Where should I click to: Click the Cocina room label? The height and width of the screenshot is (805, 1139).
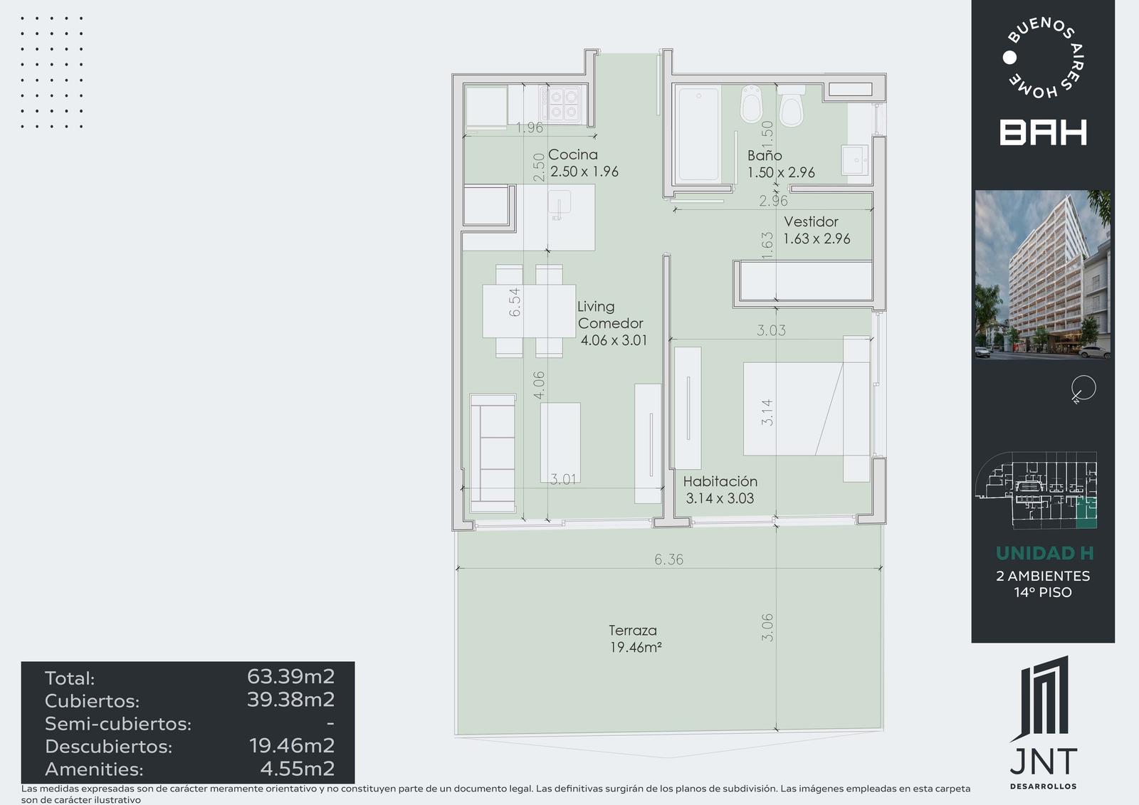point(572,154)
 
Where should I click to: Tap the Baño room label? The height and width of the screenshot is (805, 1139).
point(765,154)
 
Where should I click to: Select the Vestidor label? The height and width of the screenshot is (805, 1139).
point(811,221)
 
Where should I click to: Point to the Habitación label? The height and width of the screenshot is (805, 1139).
point(720,481)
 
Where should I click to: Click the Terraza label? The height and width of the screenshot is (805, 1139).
point(633,630)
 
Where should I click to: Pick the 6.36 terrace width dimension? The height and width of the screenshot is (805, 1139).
point(668,559)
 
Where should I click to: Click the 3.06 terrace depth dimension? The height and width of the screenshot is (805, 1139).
point(767,628)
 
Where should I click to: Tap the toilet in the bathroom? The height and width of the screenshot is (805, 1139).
point(791,106)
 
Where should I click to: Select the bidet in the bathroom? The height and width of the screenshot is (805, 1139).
point(751,104)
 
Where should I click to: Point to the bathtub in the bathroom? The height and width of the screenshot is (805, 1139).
point(698,135)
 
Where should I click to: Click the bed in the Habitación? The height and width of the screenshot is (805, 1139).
point(807,409)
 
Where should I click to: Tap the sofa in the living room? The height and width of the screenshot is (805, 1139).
point(493,453)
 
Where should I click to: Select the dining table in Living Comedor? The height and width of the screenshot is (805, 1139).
point(529,311)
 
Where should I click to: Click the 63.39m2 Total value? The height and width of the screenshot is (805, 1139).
point(291,676)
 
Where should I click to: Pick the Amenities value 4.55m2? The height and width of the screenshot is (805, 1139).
point(298,769)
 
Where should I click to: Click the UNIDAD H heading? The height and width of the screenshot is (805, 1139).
point(1044,553)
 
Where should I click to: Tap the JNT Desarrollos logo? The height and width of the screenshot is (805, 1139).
point(1044,722)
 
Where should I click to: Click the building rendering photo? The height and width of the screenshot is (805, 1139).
point(1043,275)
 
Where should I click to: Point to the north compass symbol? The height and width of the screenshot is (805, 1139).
point(1083,389)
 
